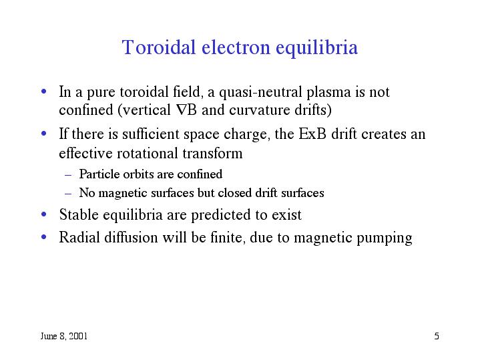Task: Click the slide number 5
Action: tap(436, 335)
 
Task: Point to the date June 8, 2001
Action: tap(64, 335)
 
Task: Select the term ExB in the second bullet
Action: tap(312, 134)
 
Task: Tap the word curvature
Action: tap(255, 109)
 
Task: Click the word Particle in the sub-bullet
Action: tap(96, 174)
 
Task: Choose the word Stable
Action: tap(77, 214)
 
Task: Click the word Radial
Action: tap(79, 237)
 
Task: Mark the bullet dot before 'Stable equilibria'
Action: tap(44, 215)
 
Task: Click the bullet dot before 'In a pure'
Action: tap(44, 92)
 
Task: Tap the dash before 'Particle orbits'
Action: tap(69, 174)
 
